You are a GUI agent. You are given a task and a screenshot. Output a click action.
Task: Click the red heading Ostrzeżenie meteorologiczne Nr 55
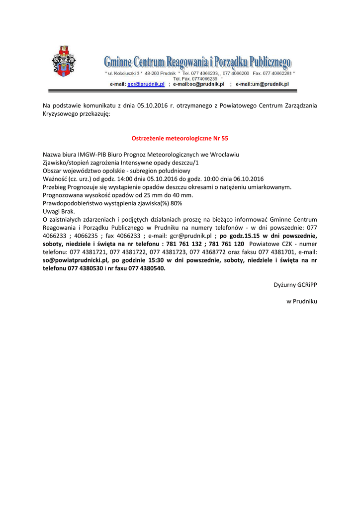(x=180, y=138)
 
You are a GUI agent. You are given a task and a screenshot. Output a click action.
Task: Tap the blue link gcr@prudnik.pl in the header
(x=146, y=85)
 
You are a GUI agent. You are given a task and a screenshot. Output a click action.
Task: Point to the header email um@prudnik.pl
(x=269, y=85)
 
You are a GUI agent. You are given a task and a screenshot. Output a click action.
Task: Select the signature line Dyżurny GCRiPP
(x=295, y=285)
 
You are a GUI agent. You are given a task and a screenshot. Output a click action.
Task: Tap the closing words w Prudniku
(x=302, y=301)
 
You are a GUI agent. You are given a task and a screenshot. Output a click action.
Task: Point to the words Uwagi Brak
(x=59, y=211)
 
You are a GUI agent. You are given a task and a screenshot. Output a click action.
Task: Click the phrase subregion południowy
(x=150, y=170)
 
